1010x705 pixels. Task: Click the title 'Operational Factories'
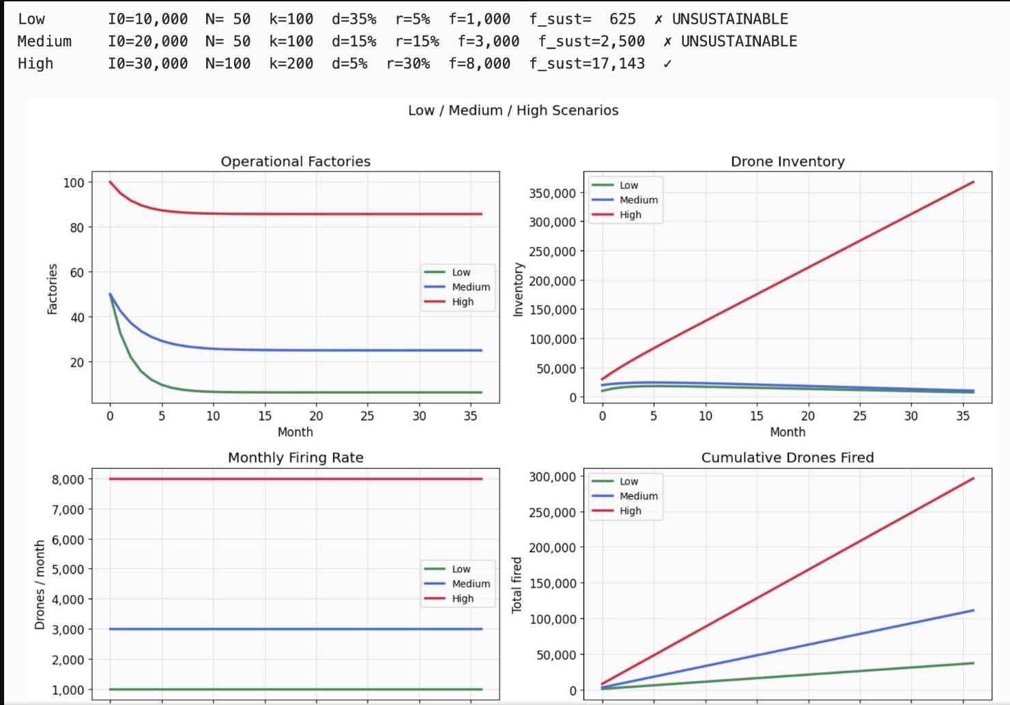[x=295, y=162]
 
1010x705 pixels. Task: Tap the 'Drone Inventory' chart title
[x=788, y=162]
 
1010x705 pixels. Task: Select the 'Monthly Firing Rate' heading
[x=295, y=458]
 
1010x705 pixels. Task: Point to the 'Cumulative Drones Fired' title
[x=788, y=458]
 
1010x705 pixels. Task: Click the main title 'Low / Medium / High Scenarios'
[x=513, y=111]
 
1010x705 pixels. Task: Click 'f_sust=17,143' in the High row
[x=587, y=63]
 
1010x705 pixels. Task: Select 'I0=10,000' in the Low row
[x=147, y=19]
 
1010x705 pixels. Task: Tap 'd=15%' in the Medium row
[x=353, y=42]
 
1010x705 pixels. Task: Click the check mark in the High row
[x=667, y=64]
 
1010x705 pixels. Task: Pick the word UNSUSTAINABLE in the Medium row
[x=738, y=42]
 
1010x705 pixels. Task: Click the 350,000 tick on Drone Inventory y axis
[x=552, y=193]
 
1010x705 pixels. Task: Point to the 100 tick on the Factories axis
[x=74, y=182]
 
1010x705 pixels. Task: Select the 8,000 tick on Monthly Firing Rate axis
[x=68, y=479]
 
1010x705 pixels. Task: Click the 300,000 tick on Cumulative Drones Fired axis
[x=552, y=476]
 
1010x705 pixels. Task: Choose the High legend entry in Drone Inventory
[x=630, y=215]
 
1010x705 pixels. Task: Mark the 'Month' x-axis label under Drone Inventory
[x=788, y=432]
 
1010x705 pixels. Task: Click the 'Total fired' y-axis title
[x=517, y=585]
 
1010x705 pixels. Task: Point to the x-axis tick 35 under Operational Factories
[x=470, y=416]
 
